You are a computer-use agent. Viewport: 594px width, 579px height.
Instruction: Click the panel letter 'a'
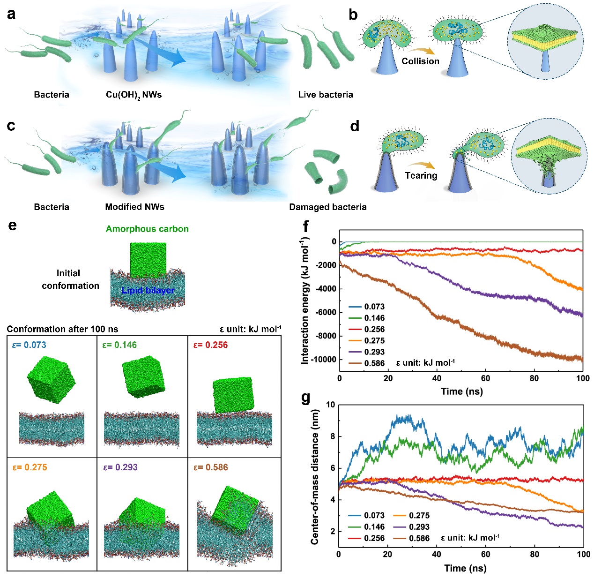click(x=11, y=14)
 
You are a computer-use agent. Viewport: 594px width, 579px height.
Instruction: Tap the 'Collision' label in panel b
click(x=420, y=61)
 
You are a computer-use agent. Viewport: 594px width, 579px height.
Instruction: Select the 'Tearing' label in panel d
click(x=421, y=175)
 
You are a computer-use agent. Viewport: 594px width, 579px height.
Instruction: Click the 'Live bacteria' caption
click(x=325, y=95)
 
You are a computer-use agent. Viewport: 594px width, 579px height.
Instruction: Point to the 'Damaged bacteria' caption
click(x=327, y=207)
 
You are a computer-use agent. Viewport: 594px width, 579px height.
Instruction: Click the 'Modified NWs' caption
click(x=134, y=207)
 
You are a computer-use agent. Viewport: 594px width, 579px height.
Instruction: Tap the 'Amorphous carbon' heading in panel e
click(x=147, y=229)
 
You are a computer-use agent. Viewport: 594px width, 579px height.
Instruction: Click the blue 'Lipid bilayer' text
click(x=148, y=291)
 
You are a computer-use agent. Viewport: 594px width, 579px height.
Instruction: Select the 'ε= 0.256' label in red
click(x=210, y=345)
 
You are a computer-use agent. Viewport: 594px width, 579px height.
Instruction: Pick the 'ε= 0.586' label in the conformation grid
click(x=210, y=467)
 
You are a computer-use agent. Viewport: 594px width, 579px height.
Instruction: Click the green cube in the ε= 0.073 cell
click(x=51, y=379)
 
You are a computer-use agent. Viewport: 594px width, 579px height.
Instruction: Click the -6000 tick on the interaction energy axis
click(x=326, y=312)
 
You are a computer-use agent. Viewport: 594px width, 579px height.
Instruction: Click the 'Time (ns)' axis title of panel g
click(x=465, y=568)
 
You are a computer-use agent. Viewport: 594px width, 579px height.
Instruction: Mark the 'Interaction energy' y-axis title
click(x=305, y=300)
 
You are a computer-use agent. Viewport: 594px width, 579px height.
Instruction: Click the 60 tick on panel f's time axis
click(x=485, y=378)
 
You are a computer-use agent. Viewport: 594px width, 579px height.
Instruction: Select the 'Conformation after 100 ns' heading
click(x=62, y=329)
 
